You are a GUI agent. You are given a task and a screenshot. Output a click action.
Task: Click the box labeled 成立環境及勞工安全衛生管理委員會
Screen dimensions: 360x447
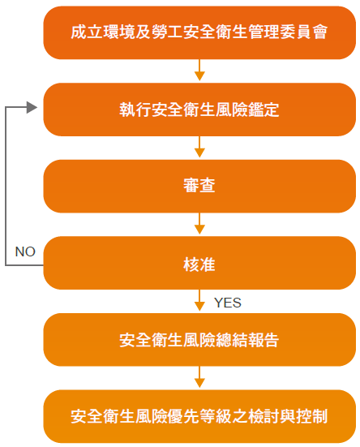tap(199, 32)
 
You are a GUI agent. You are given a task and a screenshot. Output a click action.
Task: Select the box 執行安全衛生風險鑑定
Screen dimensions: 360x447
tap(199, 110)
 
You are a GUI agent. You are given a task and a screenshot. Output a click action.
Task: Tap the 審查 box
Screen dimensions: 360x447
tap(199, 186)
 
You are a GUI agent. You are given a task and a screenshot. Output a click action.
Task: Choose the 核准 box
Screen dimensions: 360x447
tap(199, 263)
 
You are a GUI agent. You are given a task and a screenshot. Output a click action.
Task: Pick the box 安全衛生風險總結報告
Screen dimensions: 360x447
tap(199, 340)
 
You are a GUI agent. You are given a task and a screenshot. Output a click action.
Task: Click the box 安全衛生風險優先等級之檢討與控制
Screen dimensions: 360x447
tap(199, 416)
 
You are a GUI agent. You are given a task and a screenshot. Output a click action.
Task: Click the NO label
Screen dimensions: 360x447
tap(25, 251)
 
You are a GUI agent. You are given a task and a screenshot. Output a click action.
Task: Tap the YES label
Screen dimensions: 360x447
tap(228, 303)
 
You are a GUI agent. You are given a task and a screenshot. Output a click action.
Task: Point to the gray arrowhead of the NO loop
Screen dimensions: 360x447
tap(32, 107)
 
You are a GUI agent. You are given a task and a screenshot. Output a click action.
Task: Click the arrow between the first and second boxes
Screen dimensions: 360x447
tap(199, 70)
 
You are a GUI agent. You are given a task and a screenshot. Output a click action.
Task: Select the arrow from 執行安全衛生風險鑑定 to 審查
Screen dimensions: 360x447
tap(199, 147)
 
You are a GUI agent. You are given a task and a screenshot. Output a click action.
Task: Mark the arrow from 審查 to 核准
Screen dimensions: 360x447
tap(199, 224)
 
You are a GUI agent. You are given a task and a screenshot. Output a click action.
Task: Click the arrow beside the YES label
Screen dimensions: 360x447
tap(199, 300)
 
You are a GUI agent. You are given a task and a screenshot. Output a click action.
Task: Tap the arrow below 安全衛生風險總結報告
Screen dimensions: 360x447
tap(199, 377)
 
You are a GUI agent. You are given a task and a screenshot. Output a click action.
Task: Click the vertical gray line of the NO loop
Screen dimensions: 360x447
tap(6, 186)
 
